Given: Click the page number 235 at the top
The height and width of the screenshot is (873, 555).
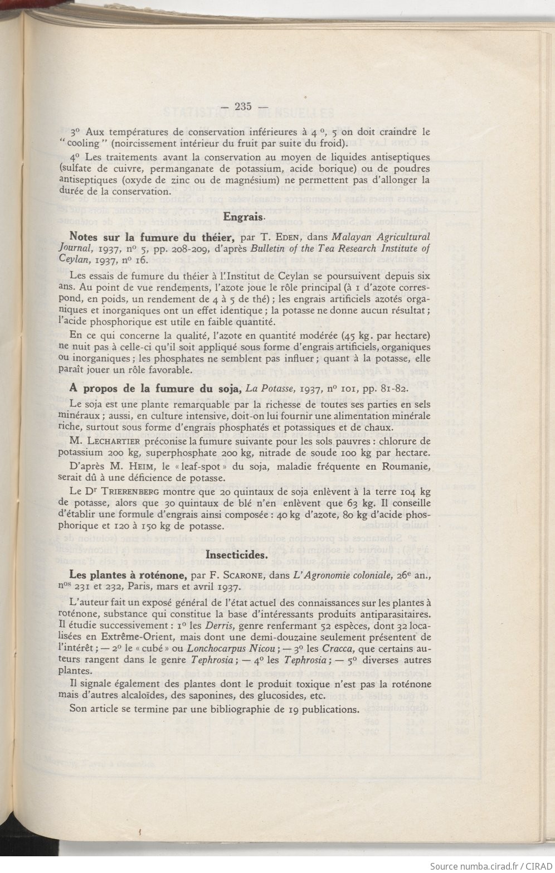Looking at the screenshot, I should tap(244, 106).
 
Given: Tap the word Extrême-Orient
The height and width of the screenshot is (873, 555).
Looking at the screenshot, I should tap(133, 637).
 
